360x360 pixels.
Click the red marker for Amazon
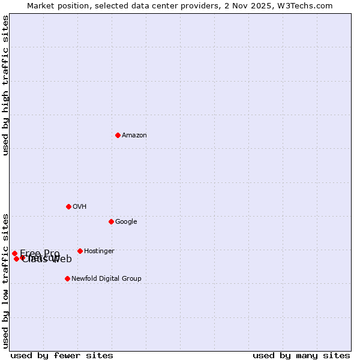pos(118,135)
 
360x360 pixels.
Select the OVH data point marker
pos(68,206)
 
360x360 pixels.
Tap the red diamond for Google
pos(111,221)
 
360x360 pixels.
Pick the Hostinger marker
pos(80,251)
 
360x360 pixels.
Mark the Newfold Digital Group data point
pos(67,278)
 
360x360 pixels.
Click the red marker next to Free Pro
pos(14,253)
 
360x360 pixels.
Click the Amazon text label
pos(134,136)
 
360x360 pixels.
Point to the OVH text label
pos(80,207)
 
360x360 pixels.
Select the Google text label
pos(126,222)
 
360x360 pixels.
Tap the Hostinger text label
pos(99,251)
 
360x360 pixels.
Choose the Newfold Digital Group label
pos(106,279)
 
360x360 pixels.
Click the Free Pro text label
pos(40,253)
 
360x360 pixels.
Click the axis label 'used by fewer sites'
pos(62,355)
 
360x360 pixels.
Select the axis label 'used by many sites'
pos(301,355)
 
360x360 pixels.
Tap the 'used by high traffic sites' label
pos(5,85)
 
